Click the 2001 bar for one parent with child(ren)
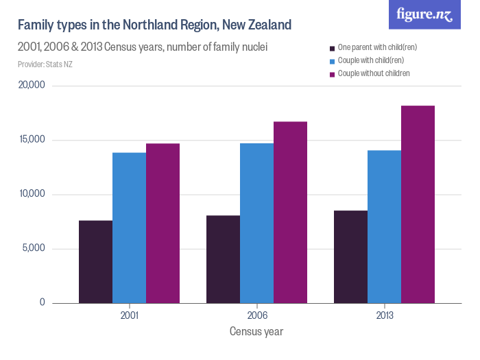[x=95, y=261]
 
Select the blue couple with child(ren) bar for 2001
[x=129, y=228]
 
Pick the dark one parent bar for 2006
[x=223, y=259]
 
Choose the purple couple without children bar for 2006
[x=290, y=212]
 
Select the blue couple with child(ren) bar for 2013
[x=384, y=226]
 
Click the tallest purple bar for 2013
[x=418, y=204]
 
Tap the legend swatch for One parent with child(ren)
[x=332, y=48]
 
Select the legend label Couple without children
[x=374, y=73]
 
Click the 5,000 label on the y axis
[x=32, y=248]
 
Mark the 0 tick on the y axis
[x=41, y=302]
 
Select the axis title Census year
[x=256, y=331]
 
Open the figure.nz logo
[x=424, y=14]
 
